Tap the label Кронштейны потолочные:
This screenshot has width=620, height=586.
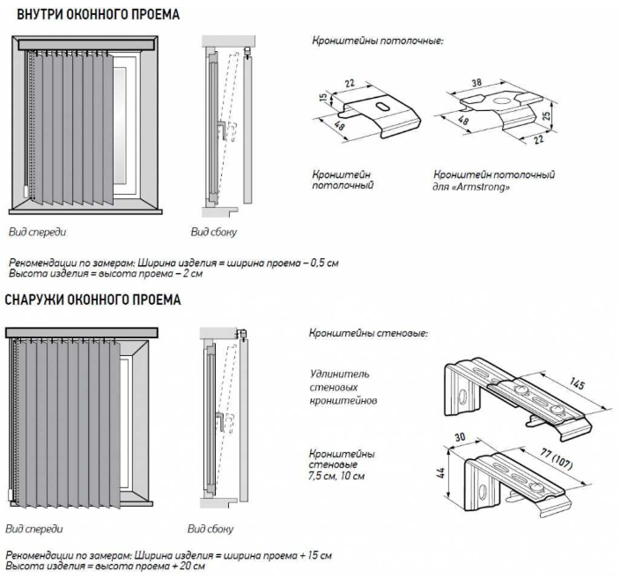[x=377, y=41]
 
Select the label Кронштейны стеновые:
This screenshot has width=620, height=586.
[x=368, y=334]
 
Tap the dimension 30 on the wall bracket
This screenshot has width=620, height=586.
[x=458, y=436]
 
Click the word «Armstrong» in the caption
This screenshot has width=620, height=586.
[x=482, y=187]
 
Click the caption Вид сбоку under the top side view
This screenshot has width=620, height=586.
[x=214, y=233]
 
